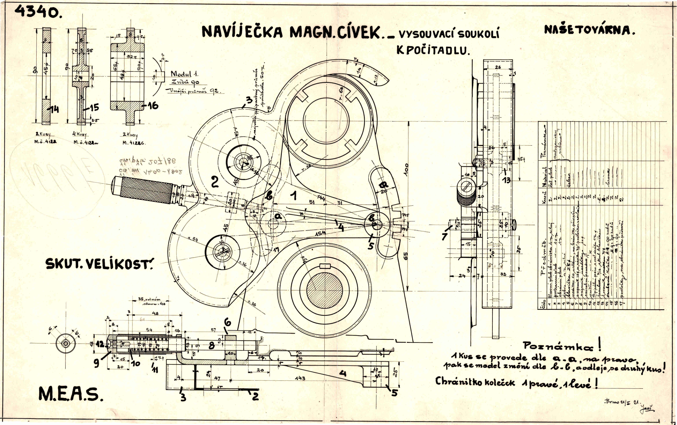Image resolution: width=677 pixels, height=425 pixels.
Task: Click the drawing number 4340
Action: coord(36,12)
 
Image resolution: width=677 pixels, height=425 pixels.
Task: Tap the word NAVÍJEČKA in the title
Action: coord(242,32)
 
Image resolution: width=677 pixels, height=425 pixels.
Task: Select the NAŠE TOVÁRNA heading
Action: coord(589,30)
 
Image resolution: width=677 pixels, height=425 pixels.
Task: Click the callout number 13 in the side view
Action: coord(506,180)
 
